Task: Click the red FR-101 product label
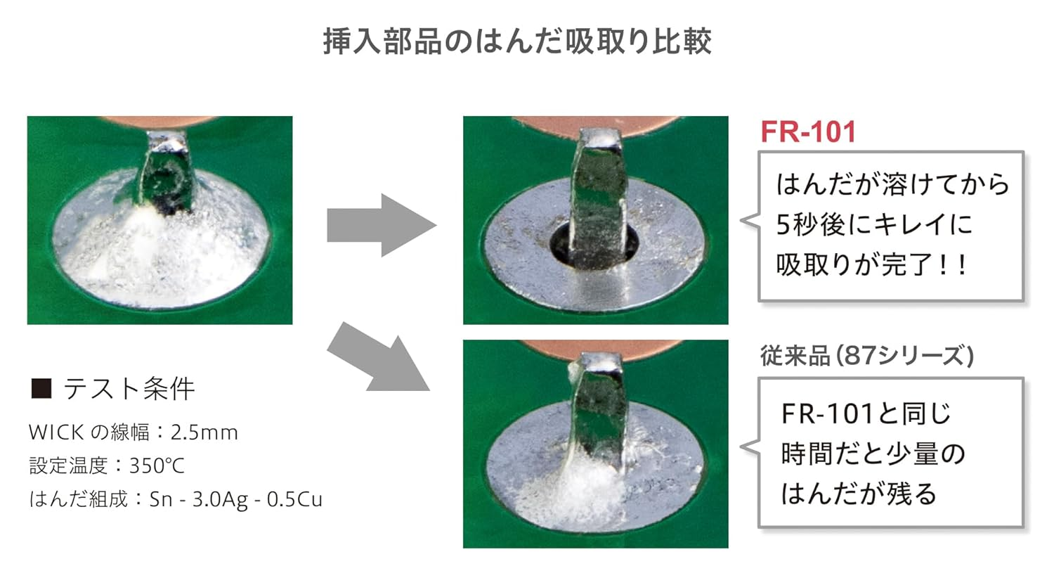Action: [x=808, y=131]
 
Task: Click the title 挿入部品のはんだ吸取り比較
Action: [x=517, y=41]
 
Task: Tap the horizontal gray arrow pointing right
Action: [x=382, y=225]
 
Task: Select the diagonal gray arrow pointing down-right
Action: [x=378, y=358]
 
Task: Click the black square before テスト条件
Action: [x=41, y=388]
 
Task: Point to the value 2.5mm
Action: [x=204, y=432]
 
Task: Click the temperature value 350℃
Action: [x=157, y=465]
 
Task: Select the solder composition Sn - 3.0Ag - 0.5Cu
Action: [x=235, y=499]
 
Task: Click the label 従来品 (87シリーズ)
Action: [x=866, y=355]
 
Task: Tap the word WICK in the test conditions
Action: [x=56, y=432]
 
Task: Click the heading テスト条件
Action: [x=129, y=389]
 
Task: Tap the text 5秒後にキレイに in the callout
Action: [x=874, y=224]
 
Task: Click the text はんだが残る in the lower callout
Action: [x=859, y=494]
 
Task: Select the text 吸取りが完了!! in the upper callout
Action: [x=871, y=264]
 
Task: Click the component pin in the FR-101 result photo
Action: [x=599, y=198]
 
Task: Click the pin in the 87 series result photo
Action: [x=599, y=409]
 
